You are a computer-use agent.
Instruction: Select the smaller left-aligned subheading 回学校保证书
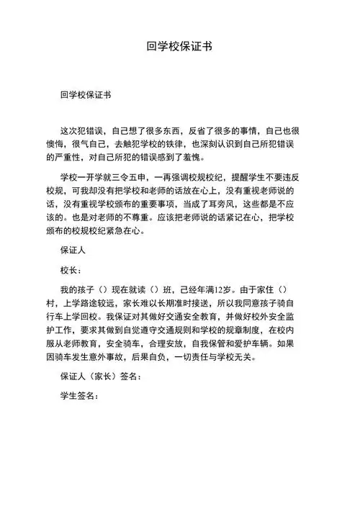click(86, 94)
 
